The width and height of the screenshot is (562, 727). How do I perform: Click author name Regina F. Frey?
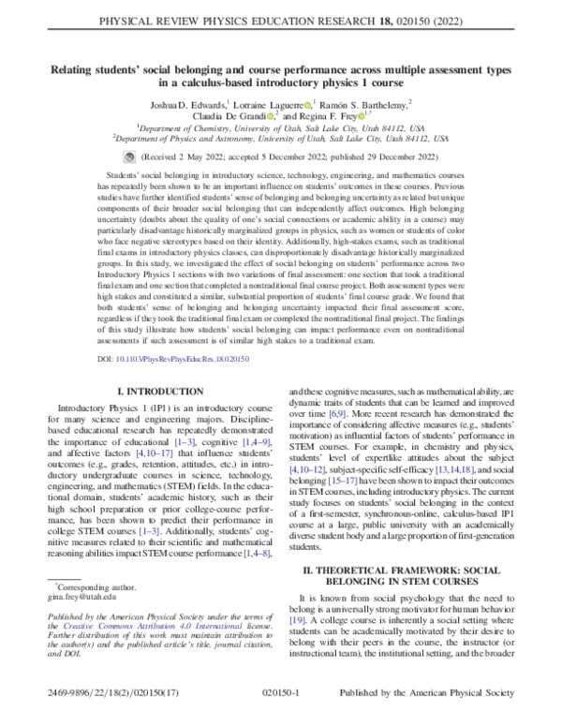[334, 116]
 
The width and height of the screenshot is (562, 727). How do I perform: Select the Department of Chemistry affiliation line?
[280, 127]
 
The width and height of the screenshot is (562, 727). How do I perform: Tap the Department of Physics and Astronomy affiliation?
[280, 138]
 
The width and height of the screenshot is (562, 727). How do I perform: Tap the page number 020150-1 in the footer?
[280, 712]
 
